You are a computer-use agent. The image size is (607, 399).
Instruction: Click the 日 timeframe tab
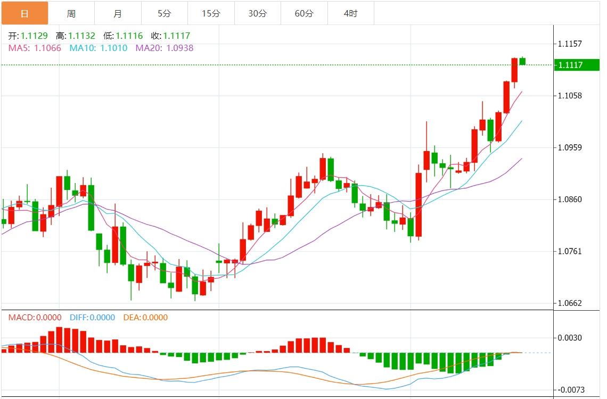pyautogui.click(x=24, y=13)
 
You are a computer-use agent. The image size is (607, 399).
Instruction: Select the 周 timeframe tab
pyautogui.click(x=71, y=13)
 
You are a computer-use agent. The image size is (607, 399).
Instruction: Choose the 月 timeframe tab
pyautogui.click(x=118, y=13)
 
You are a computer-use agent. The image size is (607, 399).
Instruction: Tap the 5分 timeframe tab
pyautogui.click(x=165, y=13)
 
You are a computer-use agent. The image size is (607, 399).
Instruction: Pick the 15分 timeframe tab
pyautogui.click(x=211, y=13)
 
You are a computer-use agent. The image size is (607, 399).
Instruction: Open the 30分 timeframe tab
pyautogui.click(x=258, y=13)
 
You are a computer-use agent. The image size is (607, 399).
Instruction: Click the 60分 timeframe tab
pyautogui.click(x=304, y=13)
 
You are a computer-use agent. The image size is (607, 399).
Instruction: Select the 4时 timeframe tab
pyautogui.click(x=350, y=13)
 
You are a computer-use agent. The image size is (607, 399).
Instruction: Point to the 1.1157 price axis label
pyautogui.click(x=570, y=44)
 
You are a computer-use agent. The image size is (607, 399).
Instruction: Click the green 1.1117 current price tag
pyautogui.click(x=570, y=65)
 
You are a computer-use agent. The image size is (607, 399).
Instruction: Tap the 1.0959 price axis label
pyautogui.click(x=570, y=148)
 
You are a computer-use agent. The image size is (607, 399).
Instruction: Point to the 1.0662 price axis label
pyautogui.click(x=570, y=303)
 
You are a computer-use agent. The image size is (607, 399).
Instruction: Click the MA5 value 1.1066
pyautogui.click(x=47, y=48)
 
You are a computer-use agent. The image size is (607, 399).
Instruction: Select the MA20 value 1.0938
pyautogui.click(x=180, y=48)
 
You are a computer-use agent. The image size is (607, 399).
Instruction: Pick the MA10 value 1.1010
pyautogui.click(x=114, y=48)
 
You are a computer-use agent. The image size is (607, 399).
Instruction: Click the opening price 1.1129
pyautogui.click(x=34, y=36)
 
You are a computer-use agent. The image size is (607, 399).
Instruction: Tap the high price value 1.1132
pyautogui.click(x=82, y=36)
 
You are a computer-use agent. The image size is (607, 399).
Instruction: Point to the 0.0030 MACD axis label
pyautogui.click(x=570, y=338)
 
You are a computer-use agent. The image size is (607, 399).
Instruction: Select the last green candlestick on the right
pyautogui.click(x=523, y=61)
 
